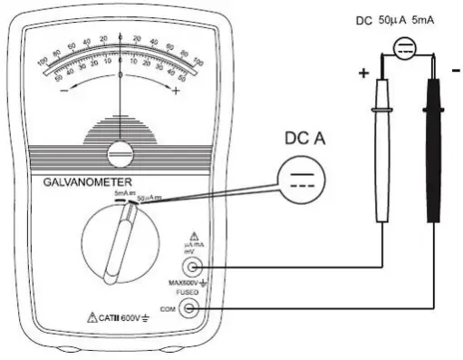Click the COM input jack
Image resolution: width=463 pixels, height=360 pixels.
pos(190,307)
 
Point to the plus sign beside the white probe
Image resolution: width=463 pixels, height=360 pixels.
pos(365,74)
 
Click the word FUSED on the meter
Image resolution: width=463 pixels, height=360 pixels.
pos(188,292)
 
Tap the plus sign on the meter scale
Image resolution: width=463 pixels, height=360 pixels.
pos(175,92)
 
